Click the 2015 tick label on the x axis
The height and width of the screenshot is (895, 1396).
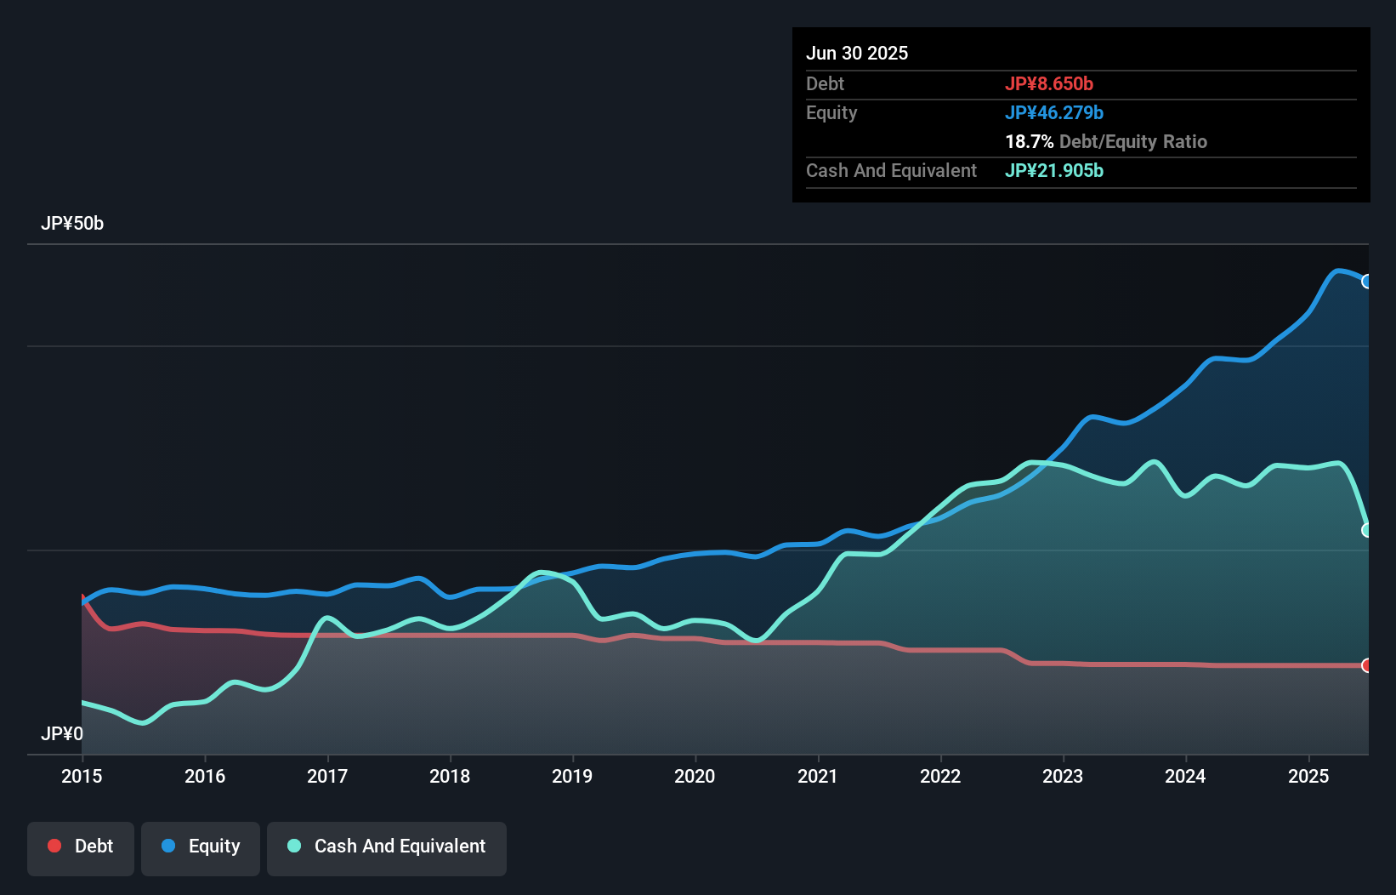point(82,776)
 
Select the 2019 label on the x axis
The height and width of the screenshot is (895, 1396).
point(572,776)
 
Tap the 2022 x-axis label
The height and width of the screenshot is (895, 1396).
point(940,776)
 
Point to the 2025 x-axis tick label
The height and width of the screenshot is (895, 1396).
point(1308,776)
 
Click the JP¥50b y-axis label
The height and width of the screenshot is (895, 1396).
point(72,224)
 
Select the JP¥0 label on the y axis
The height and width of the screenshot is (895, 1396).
point(62,733)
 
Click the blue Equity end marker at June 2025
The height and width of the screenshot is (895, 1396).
point(1367,282)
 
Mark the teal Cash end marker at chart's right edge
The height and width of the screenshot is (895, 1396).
point(1367,530)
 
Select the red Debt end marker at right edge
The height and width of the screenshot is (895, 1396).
point(1367,665)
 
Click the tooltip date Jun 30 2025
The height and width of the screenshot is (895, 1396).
point(857,53)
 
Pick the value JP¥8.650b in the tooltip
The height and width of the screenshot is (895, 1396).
point(1049,83)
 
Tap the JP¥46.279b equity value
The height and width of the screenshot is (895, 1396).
point(1054,112)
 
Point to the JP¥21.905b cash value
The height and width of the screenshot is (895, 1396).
point(1054,170)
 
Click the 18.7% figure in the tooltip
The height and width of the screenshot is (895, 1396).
point(1029,141)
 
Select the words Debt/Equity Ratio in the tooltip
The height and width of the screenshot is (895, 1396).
point(1133,141)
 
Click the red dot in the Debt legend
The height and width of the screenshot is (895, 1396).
point(54,846)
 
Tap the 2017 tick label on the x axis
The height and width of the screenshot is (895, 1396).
point(327,776)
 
